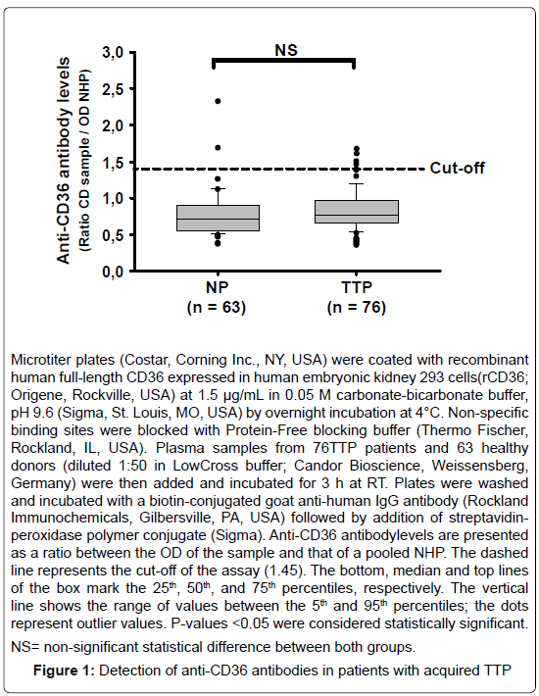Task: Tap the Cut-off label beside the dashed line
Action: click(x=457, y=169)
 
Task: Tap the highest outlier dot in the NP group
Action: click(x=218, y=101)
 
